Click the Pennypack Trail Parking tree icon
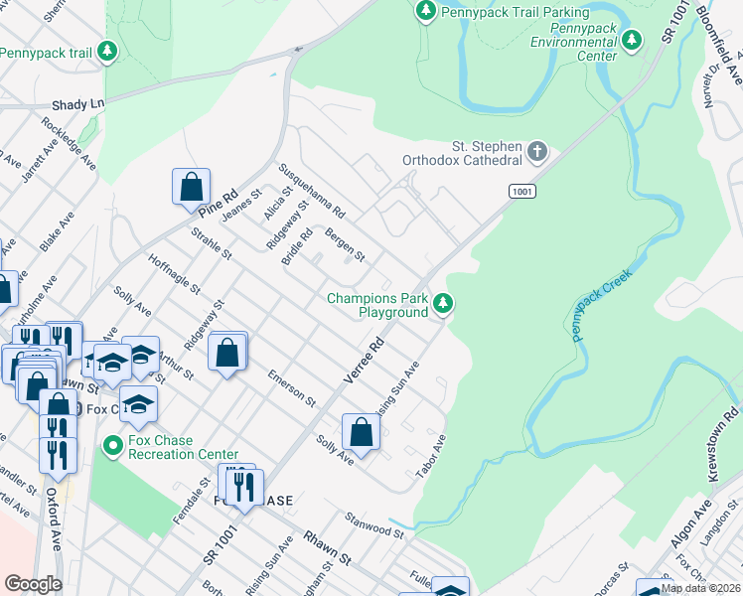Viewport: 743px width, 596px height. (x=426, y=11)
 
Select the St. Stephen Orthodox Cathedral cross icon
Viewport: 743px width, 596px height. (x=536, y=152)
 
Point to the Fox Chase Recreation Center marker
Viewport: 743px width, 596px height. (x=114, y=447)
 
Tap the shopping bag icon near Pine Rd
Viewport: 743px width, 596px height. (x=191, y=186)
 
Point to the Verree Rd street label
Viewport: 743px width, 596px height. (x=364, y=364)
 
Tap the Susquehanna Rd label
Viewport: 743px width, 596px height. (x=312, y=192)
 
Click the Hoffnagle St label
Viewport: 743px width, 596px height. (x=174, y=279)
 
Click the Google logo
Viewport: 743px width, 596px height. (x=33, y=584)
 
